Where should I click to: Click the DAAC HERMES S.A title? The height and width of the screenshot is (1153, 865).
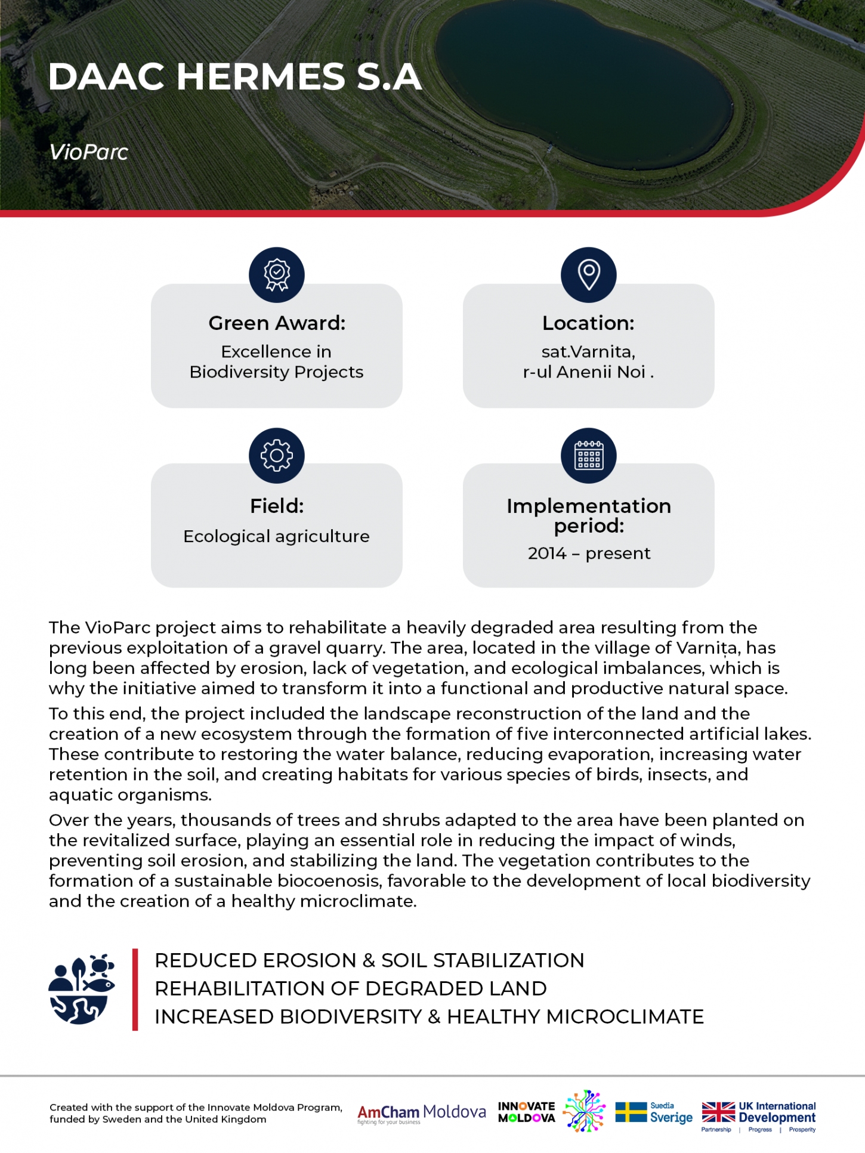(x=235, y=77)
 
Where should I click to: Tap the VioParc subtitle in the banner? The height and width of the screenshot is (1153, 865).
(x=89, y=152)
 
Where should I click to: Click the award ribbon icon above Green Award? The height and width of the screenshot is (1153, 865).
(x=277, y=275)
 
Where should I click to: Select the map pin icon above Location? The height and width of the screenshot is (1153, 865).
(x=589, y=275)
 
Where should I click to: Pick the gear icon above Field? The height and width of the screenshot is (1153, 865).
(x=277, y=456)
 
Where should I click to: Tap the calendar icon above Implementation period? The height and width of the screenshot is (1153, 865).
(x=589, y=456)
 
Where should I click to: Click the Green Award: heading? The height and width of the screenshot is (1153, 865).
(x=277, y=323)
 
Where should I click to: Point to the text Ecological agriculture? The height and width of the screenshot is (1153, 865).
(x=276, y=536)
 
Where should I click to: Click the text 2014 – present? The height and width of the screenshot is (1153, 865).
(x=589, y=554)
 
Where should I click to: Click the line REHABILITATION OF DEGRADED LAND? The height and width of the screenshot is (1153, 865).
(x=351, y=988)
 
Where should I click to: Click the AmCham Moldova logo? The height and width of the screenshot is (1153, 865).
(x=421, y=1112)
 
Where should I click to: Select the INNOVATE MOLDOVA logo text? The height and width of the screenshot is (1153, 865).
(x=526, y=1112)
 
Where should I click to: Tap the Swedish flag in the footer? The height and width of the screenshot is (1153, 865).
(x=631, y=1112)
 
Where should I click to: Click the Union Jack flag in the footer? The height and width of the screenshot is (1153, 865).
(x=718, y=1112)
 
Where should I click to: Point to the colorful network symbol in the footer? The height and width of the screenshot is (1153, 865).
(x=585, y=1111)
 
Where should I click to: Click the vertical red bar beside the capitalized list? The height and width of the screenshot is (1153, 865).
(x=135, y=990)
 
